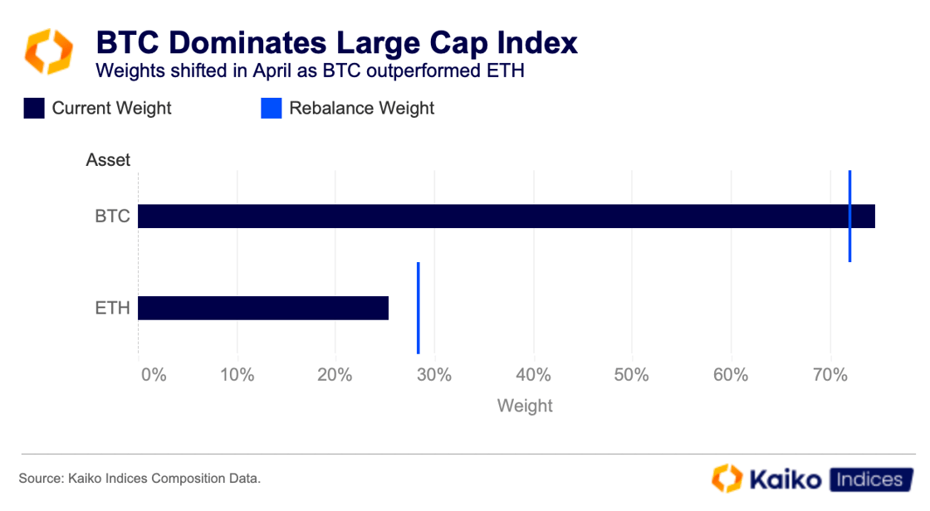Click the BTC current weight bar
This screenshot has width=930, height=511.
click(498, 217)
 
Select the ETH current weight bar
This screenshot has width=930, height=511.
click(263, 308)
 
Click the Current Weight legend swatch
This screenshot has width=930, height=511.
click(34, 109)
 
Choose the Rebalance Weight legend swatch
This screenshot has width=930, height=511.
click(272, 109)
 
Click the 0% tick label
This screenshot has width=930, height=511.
click(154, 375)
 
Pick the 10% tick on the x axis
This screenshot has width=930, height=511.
click(237, 375)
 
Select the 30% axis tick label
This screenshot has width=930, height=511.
click(434, 375)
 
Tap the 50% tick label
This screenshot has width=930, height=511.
click(632, 375)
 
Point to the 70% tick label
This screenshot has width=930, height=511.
click(830, 375)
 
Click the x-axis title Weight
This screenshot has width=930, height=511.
click(525, 406)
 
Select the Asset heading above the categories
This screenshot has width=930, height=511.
click(108, 160)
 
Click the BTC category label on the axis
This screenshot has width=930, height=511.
click(112, 217)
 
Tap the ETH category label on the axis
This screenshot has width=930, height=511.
click(112, 308)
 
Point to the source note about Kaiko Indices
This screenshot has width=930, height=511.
click(139, 479)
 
